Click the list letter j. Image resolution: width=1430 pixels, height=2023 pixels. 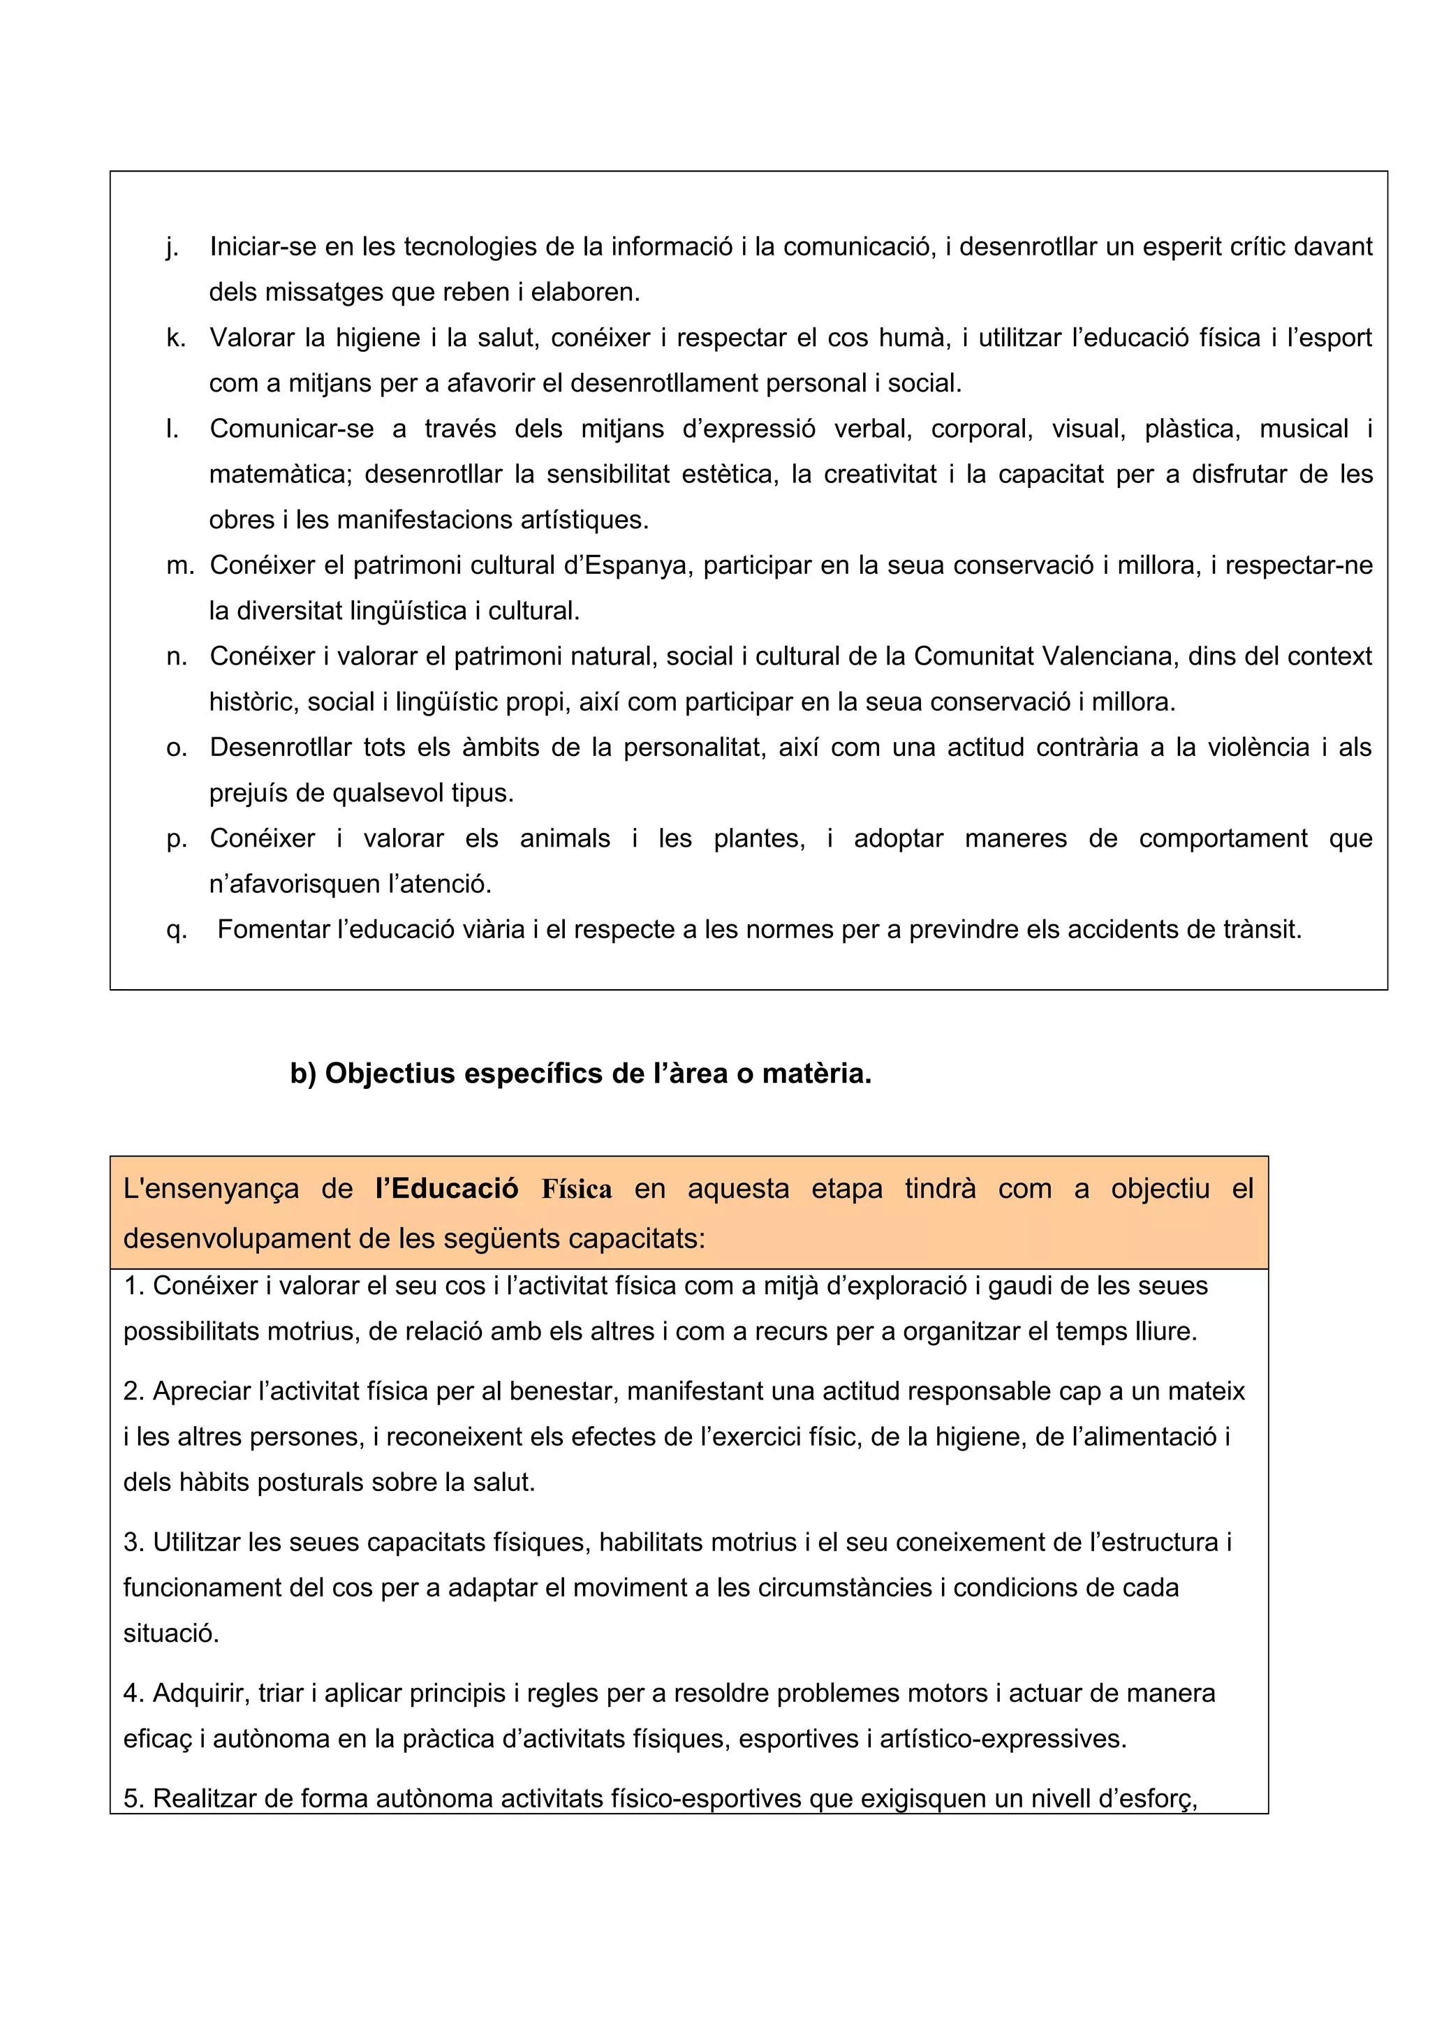[x=172, y=248]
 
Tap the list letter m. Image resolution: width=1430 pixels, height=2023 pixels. [x=179, y=565]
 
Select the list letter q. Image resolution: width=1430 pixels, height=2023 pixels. [x=176, y=931]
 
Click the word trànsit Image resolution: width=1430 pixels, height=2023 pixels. [x=1262, y=930]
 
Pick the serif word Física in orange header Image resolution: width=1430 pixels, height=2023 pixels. [x=576, y=1190]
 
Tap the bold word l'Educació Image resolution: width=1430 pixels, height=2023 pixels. [x=447, y=1189]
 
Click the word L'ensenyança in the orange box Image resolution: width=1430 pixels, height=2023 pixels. [x=211, y=1189]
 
